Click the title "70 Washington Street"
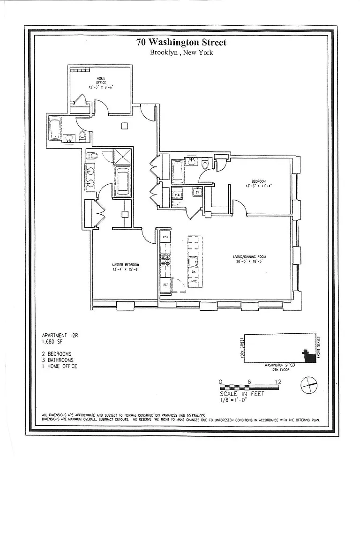[x=181, y=43]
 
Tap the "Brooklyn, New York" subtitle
[x=181, y=52]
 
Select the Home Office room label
[x=101, y=82]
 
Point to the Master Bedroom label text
[x=125, y=267]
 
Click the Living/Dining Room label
[x=250, y=259]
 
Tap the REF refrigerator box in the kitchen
[x=165, y=285]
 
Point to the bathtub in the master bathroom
[x=124, y=181]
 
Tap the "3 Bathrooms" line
[x=58, y=360]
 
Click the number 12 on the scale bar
[x=279, y=382]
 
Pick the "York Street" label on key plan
[x=242, y=349]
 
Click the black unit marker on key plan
[x=309, y=357]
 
